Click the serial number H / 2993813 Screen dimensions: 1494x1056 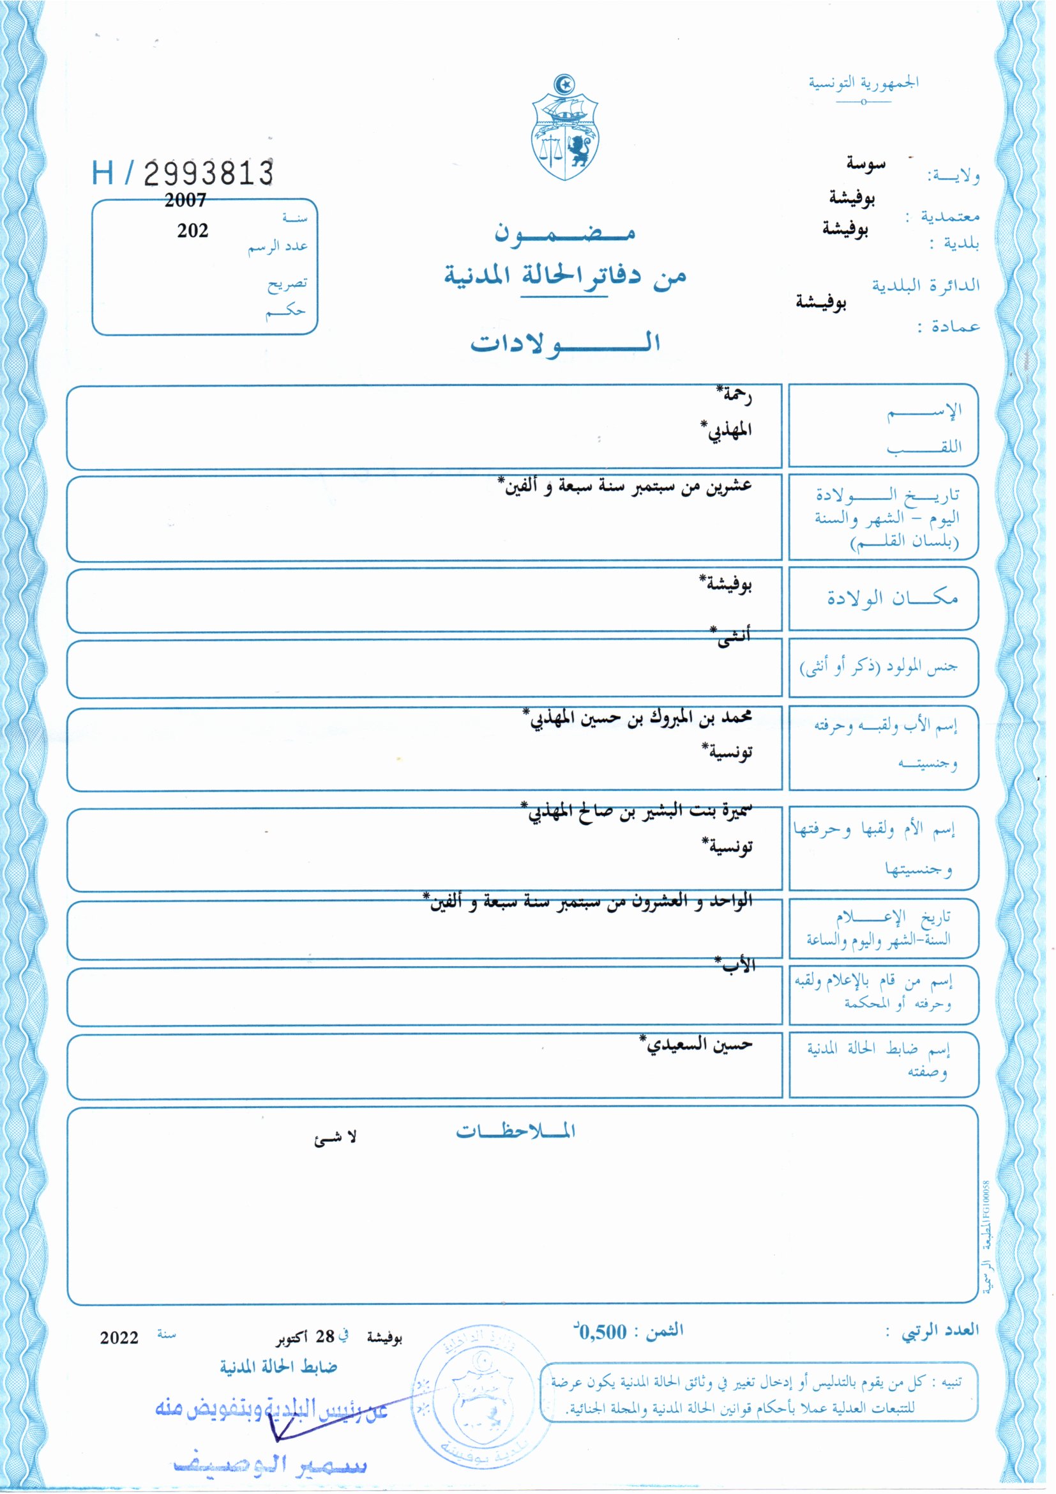tap(183, 173)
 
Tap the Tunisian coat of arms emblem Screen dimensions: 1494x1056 tap(564, 128)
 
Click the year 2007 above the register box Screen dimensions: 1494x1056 tap(185, 201)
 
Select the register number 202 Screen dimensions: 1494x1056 tap(192, 230)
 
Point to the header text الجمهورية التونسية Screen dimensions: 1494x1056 tap(863, 83)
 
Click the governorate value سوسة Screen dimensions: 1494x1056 tap(866, 164)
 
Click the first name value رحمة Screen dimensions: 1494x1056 tap(734, 394)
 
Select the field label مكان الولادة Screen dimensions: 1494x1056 tap(892, 597)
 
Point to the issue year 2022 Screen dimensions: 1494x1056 tap(119, 1338)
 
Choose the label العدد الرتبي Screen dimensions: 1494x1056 tap(940, 1330)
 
